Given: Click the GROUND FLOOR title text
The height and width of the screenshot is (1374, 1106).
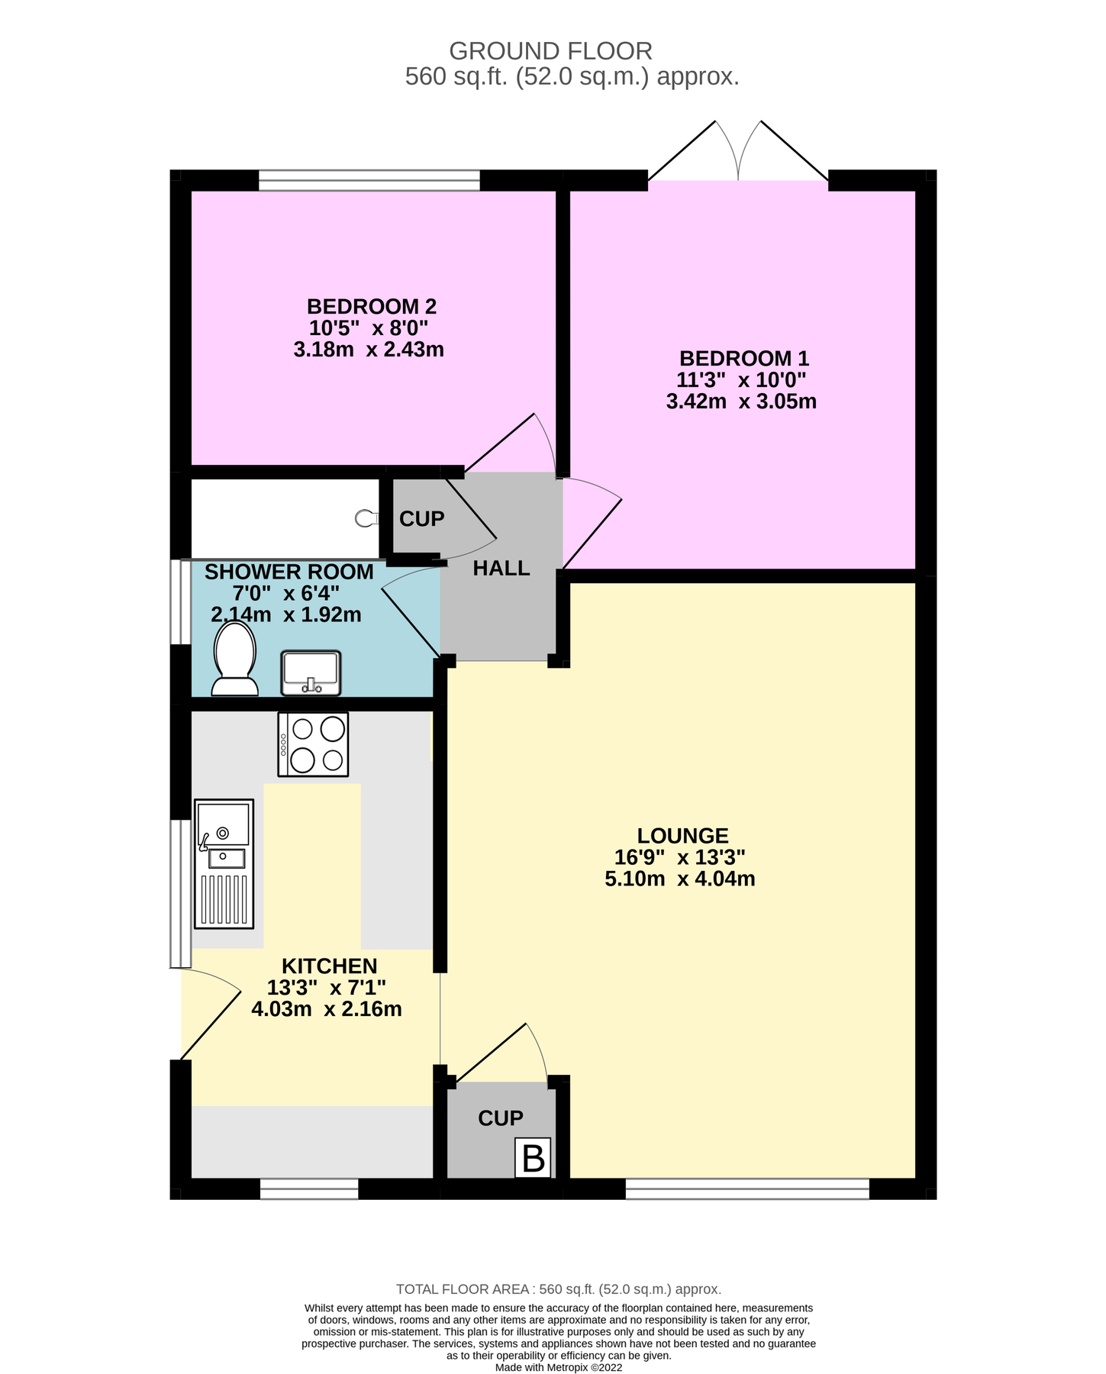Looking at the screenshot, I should (x=550, y=51).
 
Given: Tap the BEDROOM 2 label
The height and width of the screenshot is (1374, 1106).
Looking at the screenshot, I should (x=371, y=307).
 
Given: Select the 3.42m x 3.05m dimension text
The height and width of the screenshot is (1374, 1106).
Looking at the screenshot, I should (x=741, y=402).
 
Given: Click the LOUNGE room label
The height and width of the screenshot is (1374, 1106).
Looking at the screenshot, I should (x=682, y=836).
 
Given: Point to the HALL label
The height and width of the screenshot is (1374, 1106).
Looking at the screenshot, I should (x=501, y=569).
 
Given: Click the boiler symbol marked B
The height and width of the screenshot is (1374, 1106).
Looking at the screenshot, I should (x=533, y=1158).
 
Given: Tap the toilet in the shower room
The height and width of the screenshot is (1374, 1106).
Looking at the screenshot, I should (x=234, y=658).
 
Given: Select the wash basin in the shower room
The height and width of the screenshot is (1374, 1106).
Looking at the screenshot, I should (x=311, y=672).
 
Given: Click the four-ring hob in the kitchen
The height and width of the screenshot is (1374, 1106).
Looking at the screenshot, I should (x=313, y=744).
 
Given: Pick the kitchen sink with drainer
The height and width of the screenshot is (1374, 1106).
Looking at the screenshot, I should (x=224, y=863).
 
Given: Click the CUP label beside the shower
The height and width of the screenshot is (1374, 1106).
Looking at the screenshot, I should (x=421, y=519).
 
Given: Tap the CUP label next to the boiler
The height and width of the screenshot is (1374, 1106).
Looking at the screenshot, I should (x=500, y=1118).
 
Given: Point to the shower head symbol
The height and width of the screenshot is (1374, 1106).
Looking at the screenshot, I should (x=366, y=518).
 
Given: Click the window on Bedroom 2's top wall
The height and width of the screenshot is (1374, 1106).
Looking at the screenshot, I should (x=369, y=181).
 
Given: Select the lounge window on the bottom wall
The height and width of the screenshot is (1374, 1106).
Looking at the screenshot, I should (x=746, y=1189).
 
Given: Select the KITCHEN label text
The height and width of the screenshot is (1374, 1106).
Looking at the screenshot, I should (x=329, y=966).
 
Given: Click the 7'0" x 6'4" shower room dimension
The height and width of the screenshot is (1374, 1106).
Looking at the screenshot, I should (x=285, y=593).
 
